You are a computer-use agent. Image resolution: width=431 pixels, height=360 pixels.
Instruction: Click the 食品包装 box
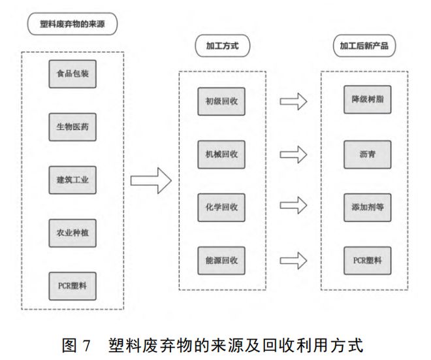coord(72,73)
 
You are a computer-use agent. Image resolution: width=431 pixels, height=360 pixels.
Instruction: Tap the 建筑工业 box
coord(72,180)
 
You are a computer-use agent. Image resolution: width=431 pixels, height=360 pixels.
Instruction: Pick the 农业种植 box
coord(72,233)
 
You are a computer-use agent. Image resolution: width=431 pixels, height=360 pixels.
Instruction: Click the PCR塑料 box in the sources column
coord(72,286)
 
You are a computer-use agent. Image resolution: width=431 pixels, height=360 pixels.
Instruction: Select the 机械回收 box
coord(221,154)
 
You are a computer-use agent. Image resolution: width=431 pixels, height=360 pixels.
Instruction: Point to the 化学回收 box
coord(221,207)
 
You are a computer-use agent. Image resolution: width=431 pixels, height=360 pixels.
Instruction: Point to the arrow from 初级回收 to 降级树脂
coord(293,101)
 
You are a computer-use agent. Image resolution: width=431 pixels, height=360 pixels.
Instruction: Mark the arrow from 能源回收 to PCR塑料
coord(293,260)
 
